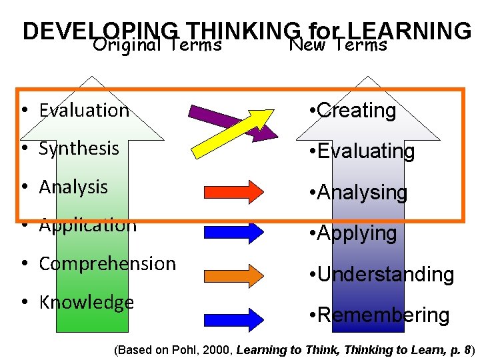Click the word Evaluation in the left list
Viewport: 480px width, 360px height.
click(84, 110)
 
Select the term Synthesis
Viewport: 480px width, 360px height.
click(79, 148)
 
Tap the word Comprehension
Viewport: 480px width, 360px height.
click(107, 264)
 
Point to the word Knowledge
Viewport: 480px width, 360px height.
click(87, 303)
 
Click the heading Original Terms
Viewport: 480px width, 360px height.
click(157, 45)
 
